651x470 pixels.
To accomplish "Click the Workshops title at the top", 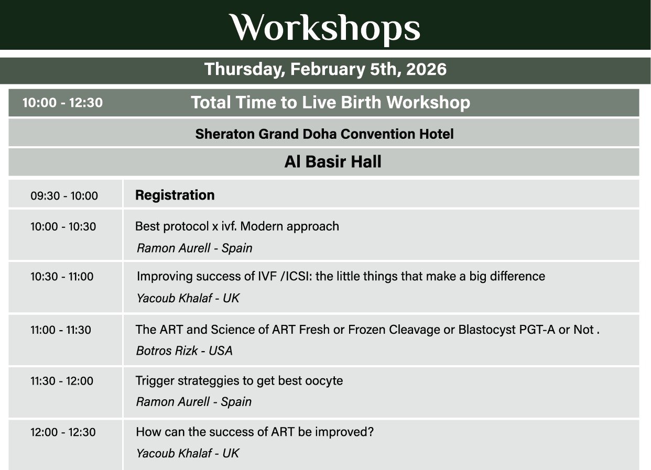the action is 325,28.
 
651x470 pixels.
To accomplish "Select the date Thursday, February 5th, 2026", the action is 325,69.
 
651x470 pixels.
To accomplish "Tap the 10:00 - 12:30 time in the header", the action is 62,103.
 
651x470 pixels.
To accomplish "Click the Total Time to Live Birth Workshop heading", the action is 330,102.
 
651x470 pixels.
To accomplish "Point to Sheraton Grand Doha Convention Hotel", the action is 324,134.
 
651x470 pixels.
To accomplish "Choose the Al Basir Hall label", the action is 333,161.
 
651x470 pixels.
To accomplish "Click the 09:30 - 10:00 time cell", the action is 64,195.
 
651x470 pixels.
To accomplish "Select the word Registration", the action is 175,195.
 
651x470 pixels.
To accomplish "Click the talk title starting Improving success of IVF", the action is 341,276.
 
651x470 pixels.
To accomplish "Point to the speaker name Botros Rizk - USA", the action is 185,351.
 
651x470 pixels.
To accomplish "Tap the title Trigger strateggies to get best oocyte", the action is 239,381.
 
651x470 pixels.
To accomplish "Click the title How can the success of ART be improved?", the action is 255,432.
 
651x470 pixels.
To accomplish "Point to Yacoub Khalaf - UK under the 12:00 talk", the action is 188,453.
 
